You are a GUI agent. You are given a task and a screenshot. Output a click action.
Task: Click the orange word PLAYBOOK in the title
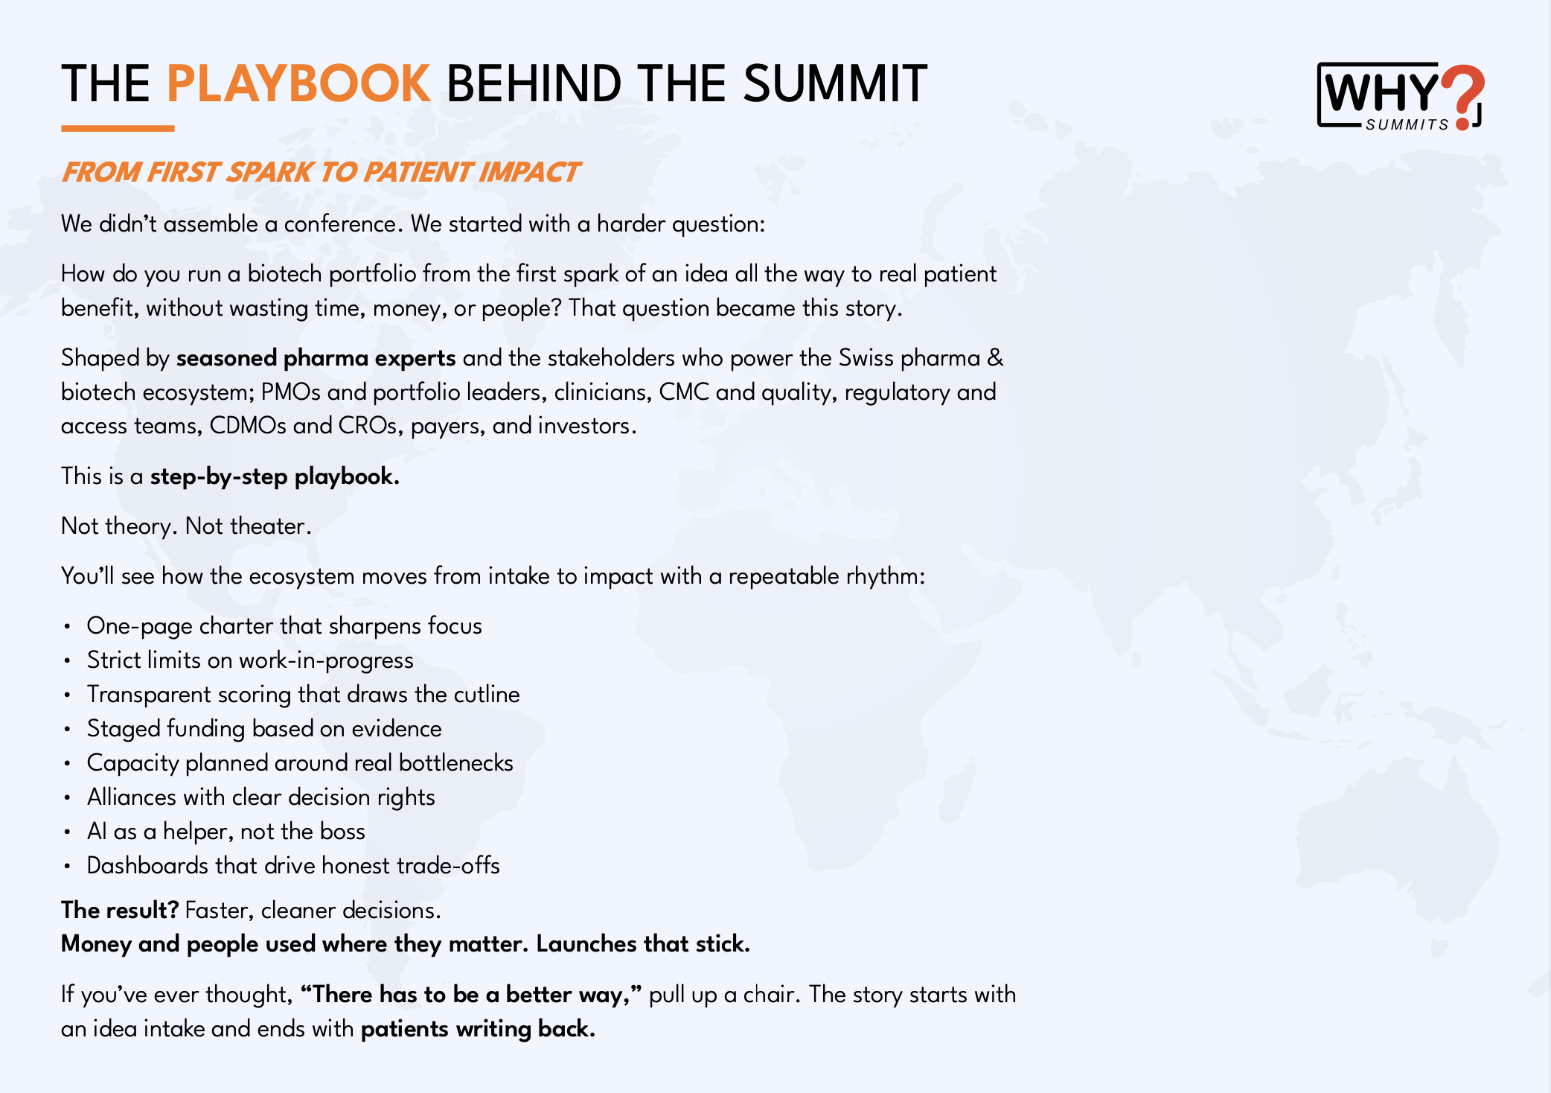[298, 83]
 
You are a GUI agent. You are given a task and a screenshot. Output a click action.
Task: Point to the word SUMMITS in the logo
[1407, 125]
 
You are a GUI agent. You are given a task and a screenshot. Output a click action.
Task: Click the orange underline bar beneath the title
[118, 129]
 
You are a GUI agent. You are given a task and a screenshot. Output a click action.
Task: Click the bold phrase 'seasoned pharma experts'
[316, 359]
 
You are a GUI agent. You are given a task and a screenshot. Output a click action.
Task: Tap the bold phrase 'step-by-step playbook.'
[275, 477]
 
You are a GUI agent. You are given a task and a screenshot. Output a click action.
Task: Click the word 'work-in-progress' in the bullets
[326, 660]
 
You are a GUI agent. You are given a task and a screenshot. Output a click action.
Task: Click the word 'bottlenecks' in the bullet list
[455, 763]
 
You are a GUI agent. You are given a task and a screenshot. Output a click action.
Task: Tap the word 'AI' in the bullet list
[97, 832]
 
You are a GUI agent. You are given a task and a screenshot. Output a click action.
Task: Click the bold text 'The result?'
[120, 911]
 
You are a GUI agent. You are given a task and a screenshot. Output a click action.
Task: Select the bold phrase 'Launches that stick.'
[643, 944]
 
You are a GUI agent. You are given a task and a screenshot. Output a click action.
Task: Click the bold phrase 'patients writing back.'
[478, 1029]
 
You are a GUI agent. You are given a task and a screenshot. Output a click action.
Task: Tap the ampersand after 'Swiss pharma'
[994, 359]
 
